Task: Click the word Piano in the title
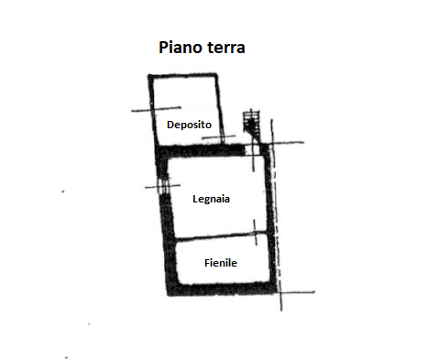click(181, 48)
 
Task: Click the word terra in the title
click(226, 49)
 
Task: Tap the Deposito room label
click(189, 125)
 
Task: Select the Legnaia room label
click(211, 199)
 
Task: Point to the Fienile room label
click(221, 263)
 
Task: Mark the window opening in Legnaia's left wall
click(163, 186)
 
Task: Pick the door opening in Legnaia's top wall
click(252, 149)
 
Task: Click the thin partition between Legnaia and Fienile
click(221, 235)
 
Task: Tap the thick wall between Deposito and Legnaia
click(202, 150)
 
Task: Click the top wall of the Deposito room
click(182, 75)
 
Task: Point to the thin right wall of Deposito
click(220, 109)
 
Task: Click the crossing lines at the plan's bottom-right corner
click(280, 292)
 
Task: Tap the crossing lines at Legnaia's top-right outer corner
click(272, 143)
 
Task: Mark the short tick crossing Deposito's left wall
click(156, 109)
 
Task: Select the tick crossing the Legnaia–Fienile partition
click(255, 233)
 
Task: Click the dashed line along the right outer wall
click(276, 213)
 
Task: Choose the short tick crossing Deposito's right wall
click(219, 137)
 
